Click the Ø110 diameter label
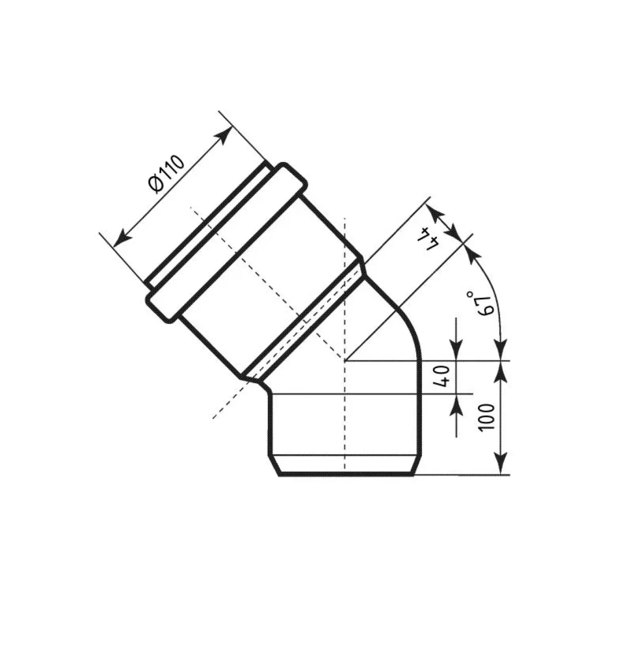(167, 174)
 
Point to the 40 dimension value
(443, 377)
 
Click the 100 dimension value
(486, 417)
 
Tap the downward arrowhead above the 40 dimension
(456, 350)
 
